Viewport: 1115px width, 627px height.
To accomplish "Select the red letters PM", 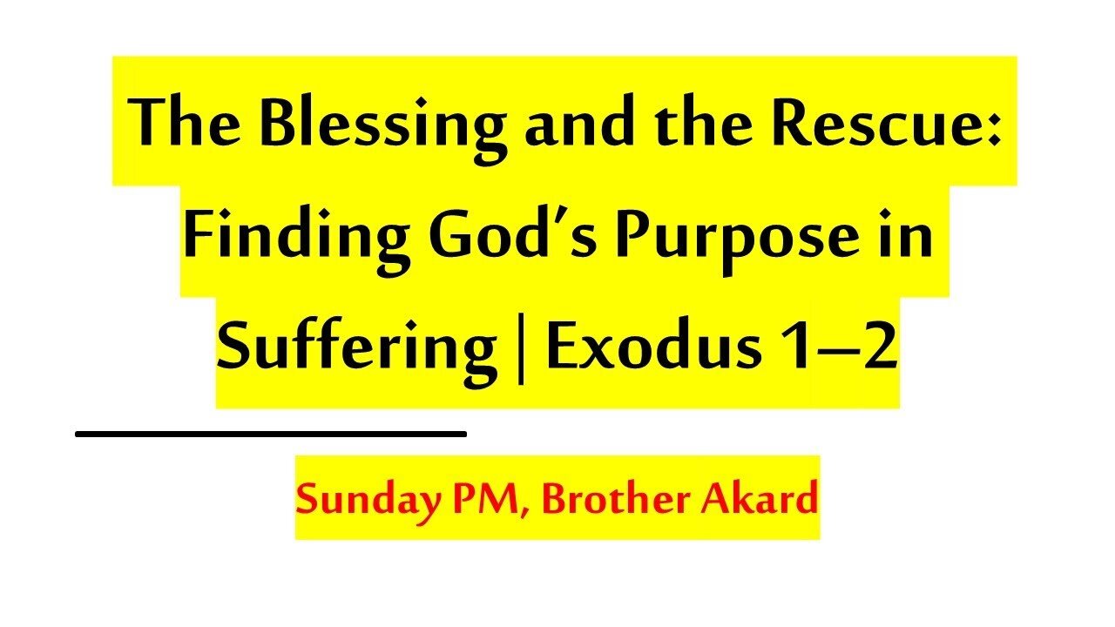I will pyautogui.click(x=493, y=500).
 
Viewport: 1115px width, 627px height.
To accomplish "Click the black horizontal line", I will pyautogui.click(x=271, y=433).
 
